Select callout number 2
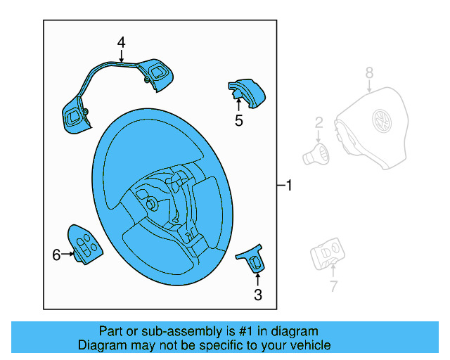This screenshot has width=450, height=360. pyautogui.click(x=319, y=123)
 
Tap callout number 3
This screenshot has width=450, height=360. pyautogui.click(x=258, y=295)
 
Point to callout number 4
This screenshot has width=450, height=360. pyautogui.click(x=121, y=43)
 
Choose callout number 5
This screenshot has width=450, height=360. pyautogui.click(x=239, y=121)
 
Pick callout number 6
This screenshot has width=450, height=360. pyautogui.click(x=57, y=255)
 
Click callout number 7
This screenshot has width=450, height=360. pyautogui.click(x=333, y=286)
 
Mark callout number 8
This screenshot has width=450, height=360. pyautogui.click(x=370, y=72)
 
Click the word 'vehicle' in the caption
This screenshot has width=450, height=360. pyautogui.click(x=308, y=345)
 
